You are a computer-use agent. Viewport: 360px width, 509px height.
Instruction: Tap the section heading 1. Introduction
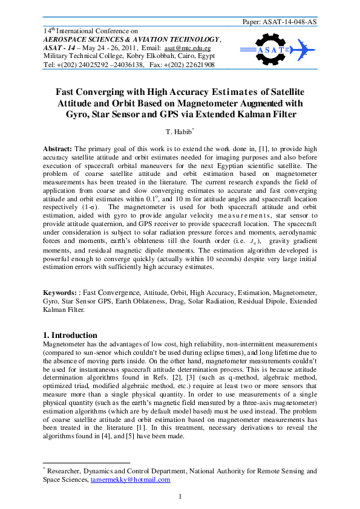(70, 335)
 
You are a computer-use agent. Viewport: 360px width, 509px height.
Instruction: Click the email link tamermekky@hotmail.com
(130, 479)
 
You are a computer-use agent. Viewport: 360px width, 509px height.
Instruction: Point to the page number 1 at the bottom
(180, 497)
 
